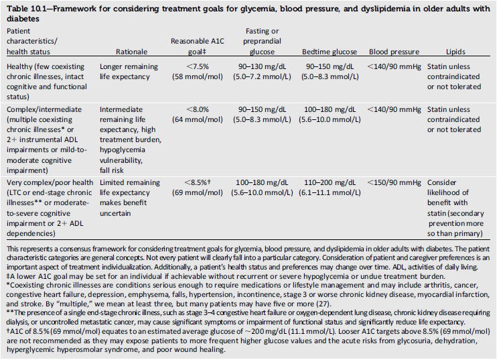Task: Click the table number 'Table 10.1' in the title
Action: click(x=27, y=8)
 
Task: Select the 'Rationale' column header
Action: click(x=131, y=51)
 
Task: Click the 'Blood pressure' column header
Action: click(x=392, y=51)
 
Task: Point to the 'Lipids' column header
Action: click(x=455, y=51)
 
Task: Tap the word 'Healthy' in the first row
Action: click(x=19, y=67)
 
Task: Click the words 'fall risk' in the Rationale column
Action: click(x=115, y=161)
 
